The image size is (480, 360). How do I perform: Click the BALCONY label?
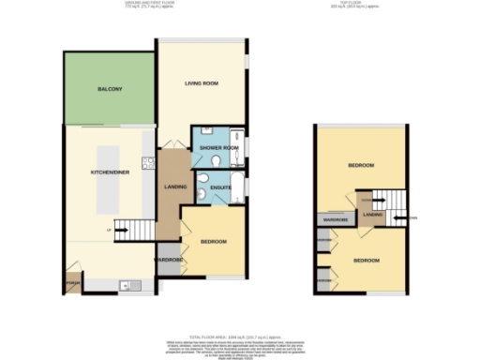(110, 89)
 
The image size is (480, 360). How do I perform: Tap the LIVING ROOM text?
(202, 84)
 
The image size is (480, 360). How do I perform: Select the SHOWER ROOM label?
(218, 147)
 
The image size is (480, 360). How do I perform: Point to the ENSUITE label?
(220, 187)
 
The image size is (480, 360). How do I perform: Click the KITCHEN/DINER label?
(109, 173)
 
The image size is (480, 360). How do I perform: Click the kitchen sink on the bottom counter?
(124, 284)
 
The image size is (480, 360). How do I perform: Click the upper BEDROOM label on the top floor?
(361, 165)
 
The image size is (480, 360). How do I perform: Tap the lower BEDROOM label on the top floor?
(366, 260)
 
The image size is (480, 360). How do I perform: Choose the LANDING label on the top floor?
(372, 217)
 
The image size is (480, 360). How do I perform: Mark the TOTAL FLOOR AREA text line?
(239, 334)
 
